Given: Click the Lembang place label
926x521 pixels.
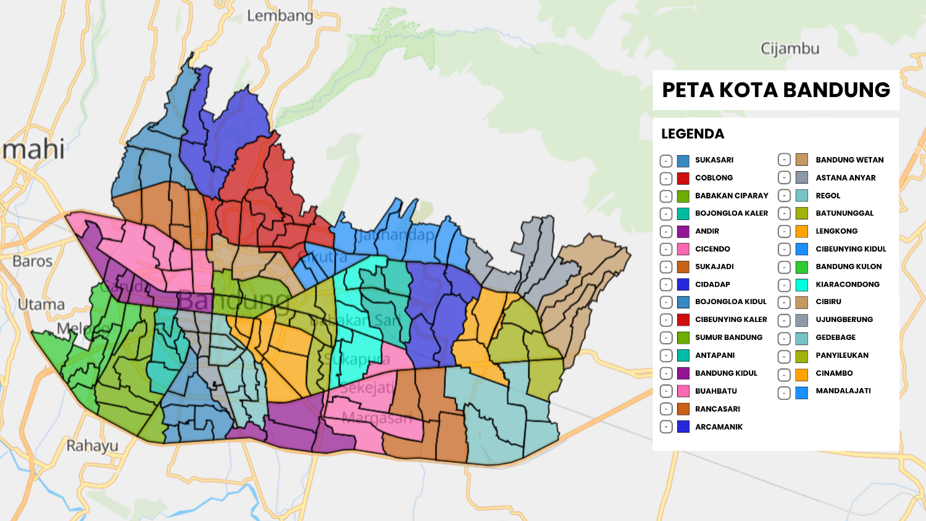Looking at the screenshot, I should pyautogui.click(x=280, y=16).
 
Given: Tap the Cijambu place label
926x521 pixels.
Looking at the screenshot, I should pyautogui.click(x=790, y=49).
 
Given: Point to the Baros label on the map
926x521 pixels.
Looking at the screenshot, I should pyautogui.click(x=32, y=261).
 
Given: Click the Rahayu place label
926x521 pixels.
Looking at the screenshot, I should pyautogui.click(x=92, y=446).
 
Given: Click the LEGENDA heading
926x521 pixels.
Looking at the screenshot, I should pyautogui.click(x=692, y=134).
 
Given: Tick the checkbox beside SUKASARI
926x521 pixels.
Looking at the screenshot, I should pyautogui.click(x=666, y=161).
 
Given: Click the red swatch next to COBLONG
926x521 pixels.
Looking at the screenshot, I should pyautogui.click(x=683, y=179).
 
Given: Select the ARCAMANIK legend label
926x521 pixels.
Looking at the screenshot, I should pyautogui.click(x=719, y=427).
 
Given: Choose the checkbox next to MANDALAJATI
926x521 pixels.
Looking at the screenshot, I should pyautogui.click(x=784, y=392).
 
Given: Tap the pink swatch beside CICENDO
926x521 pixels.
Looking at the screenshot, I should pyautogui.click(x=683, y=250).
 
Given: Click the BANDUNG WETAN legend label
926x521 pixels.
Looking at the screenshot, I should pyautogui.click(x=849, y=160).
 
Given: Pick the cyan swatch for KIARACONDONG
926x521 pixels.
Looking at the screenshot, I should pyautogui.click(x=801, y=285).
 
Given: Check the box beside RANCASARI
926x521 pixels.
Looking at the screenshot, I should pyautogui.click(x=666, y=409).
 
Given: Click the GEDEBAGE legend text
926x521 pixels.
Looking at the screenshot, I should pyautogui.click(x=835, y=337).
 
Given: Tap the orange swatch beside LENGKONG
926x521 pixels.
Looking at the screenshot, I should pyautogui.click(x=801, y=232).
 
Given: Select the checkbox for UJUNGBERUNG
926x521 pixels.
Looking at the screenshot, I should pyautogui.click(x=784, y=321).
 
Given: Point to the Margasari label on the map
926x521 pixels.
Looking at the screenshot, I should pyautogui.click(x=376, y=418).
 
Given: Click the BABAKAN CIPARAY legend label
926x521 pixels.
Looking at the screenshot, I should pyautogui.click(x=732, y=196).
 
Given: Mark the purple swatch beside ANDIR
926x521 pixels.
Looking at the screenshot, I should pyautogui.click(x=683, y=232).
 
